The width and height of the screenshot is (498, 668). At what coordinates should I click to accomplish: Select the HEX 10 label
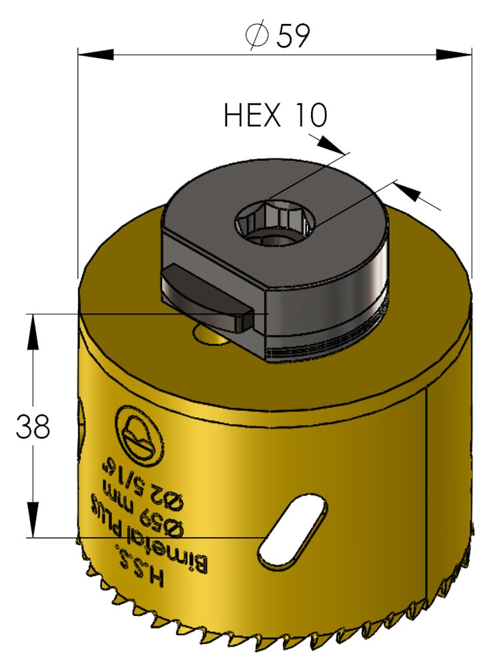[x=276, y=115]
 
